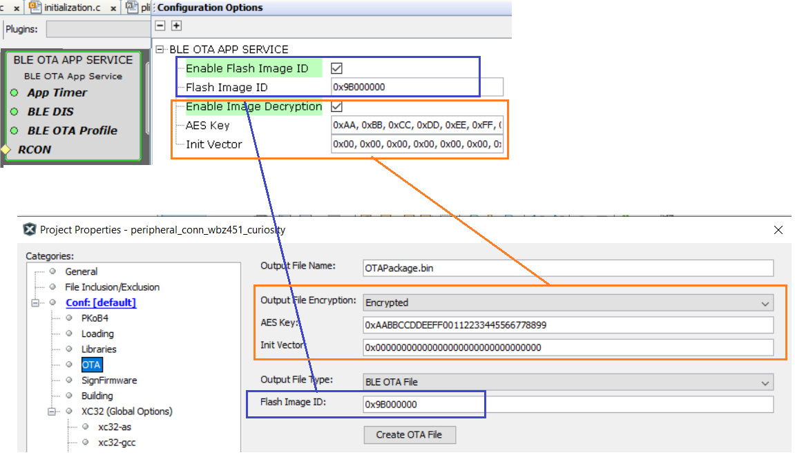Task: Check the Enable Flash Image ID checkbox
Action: pos(336,68)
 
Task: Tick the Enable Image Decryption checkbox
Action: pos(336,106)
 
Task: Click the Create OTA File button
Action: pos(409,434)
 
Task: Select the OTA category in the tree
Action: pos(91,365)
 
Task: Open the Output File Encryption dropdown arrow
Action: pos(765,303)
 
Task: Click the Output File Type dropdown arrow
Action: pos(765,383)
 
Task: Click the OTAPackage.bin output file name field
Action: pos(568,268)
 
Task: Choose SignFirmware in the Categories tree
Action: pos(109,380)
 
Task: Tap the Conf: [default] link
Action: pos(101,302)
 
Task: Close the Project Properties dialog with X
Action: pos(778,230)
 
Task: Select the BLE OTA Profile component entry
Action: pos(72,130)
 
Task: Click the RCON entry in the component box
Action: pos(35,150)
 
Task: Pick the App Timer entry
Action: pos(57,93)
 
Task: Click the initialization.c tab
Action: pos(72,8)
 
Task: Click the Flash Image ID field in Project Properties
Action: pos(568,404)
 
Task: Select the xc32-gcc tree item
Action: pos(117,442)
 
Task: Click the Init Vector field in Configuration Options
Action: pos(416,144)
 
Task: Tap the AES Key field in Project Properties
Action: pos(568,325)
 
